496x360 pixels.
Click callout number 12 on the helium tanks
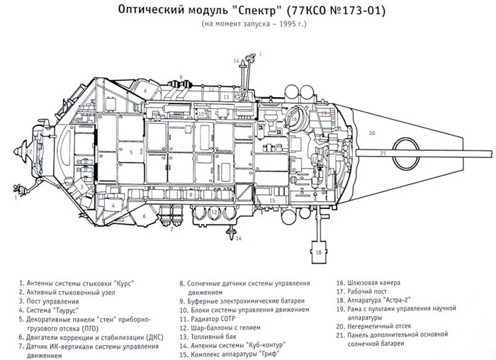click(x=214, y=212)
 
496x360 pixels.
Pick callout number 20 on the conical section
click(x=372, y=133)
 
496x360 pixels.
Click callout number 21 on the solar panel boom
click(x=383, y=152)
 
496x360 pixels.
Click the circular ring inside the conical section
click(x=405, y=150)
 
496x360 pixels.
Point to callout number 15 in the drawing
click(x=271, y=201)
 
